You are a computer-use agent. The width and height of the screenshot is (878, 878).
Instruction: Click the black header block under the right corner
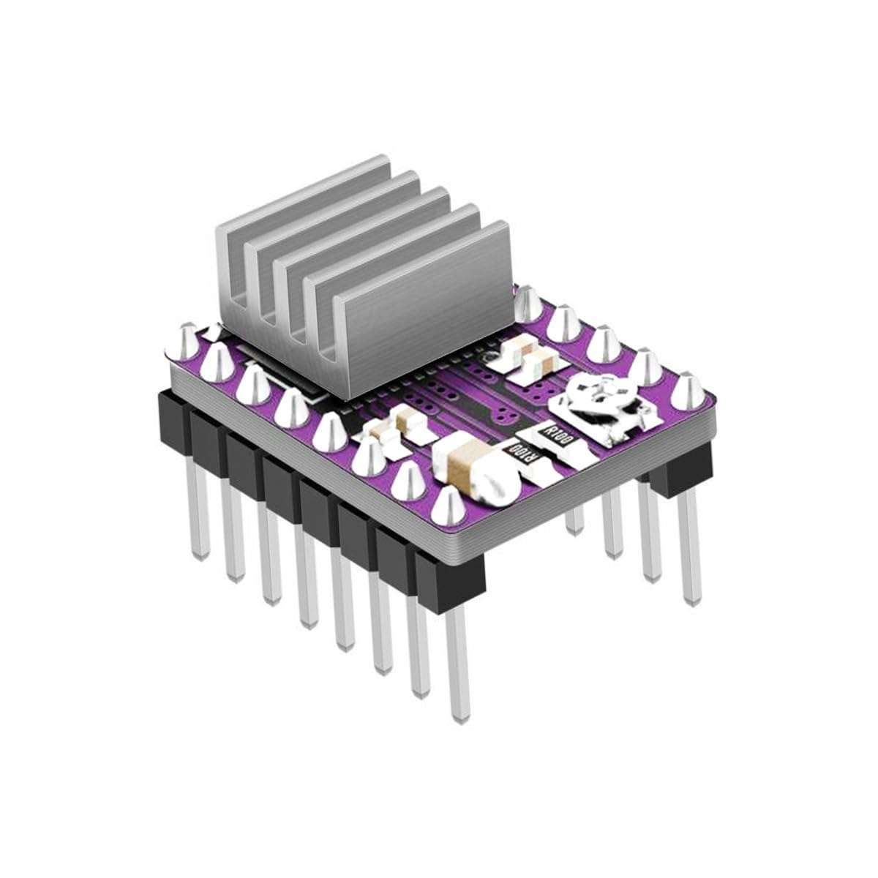[680, 468]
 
